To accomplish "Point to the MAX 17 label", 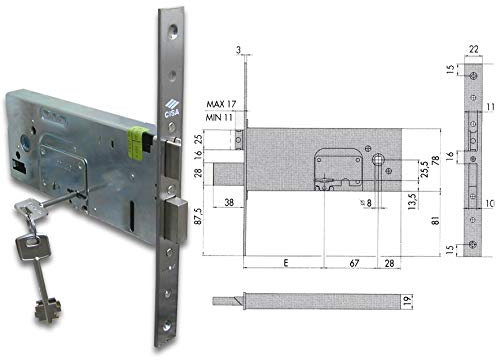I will pyautogui.click(x=221, y=103).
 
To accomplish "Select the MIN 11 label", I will pyautogui.click(x=221, y=117).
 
